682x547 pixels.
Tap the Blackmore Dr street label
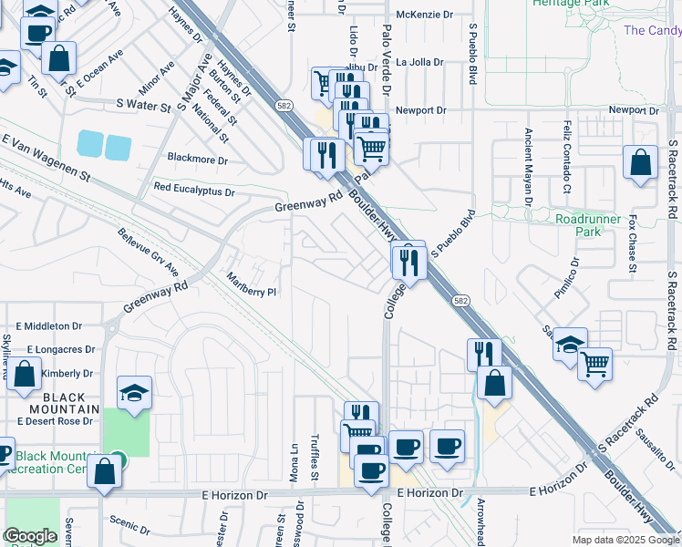click(197, 160)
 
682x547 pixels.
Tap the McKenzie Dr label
click(419, 15)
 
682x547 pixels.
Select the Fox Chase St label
click(631, 243)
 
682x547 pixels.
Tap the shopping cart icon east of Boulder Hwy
click(594, 364)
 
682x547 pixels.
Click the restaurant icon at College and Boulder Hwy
click(408, 261)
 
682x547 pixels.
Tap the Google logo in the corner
click(30, 536)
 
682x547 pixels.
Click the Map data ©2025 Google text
click(625, 540)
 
